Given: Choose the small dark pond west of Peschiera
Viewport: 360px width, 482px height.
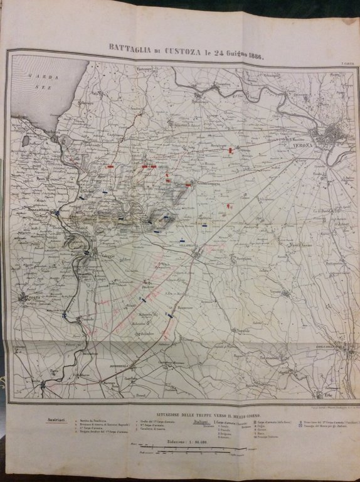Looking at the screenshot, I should click(x=26, y=141).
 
